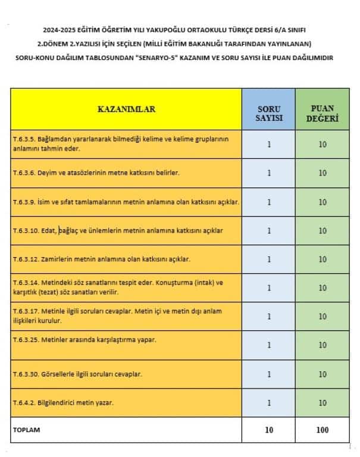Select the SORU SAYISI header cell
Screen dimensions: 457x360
point(269,110)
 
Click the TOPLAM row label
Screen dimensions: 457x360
point(27,428)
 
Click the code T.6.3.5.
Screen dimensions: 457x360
point(24,138)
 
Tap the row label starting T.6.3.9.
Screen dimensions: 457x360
point(126,202)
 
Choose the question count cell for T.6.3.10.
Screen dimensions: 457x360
point(269,230)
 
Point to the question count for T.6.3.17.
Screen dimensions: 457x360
point(269,317)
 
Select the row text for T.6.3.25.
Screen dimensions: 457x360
point(84,339)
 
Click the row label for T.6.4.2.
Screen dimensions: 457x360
point(63,403)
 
